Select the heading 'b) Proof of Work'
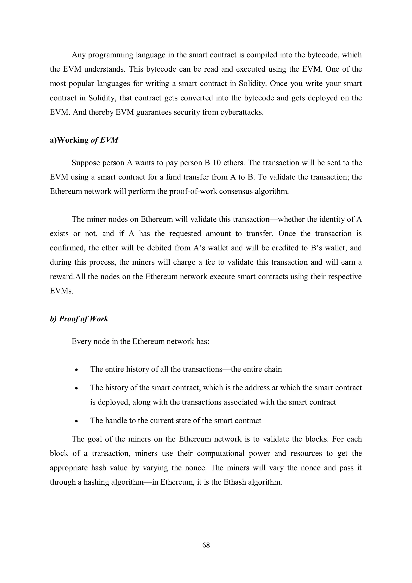[79, 319]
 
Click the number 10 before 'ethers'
[216, 163]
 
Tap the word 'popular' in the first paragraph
[81, 84]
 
